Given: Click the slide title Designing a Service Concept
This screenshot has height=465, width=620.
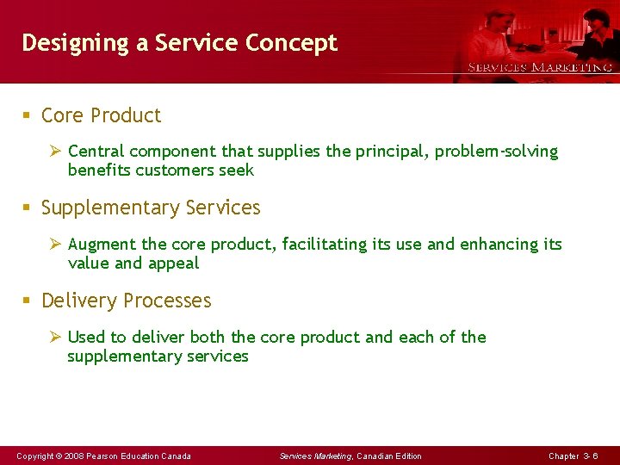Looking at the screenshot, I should (179, 43).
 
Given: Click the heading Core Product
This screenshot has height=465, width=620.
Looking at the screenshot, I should (101, 115).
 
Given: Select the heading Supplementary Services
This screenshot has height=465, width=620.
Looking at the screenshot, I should (151, 208).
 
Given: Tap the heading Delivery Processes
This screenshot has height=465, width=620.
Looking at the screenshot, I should (126, 301).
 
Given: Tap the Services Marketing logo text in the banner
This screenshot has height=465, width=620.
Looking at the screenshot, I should (540, 67).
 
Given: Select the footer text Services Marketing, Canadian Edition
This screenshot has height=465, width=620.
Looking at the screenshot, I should (350, 456).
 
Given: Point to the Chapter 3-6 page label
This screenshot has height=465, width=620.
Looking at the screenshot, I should (573, 456).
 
